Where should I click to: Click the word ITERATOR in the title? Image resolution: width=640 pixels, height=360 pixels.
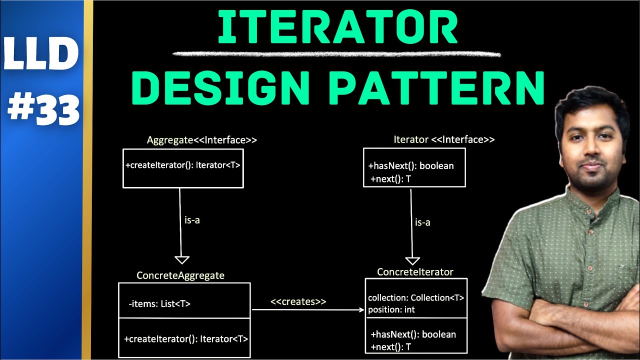337,28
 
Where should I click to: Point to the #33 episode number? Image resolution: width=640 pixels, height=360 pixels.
43,109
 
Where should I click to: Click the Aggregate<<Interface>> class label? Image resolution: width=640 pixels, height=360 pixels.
201,140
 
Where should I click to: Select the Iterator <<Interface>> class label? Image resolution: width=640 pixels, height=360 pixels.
444,139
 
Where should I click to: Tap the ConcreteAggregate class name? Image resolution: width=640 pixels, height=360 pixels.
180,275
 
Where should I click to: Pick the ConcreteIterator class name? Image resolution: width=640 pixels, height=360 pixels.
415,272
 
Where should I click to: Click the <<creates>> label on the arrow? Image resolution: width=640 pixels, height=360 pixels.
298,301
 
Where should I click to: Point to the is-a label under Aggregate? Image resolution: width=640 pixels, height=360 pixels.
192,220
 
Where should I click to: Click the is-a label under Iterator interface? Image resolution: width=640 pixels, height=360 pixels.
422,222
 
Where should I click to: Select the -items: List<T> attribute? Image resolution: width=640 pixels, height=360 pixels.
159,303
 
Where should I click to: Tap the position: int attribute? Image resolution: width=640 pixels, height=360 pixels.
391,309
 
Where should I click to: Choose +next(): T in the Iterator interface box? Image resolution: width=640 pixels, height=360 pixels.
390,178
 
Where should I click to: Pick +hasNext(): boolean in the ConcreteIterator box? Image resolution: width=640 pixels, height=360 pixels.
413,334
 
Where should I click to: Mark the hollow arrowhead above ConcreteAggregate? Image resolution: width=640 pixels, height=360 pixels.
181,259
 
